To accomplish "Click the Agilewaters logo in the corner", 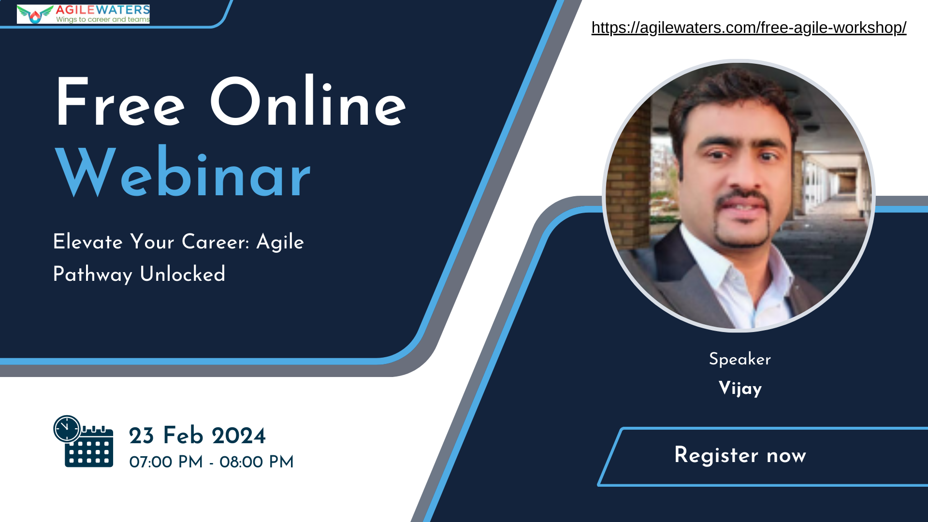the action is pos(83,14).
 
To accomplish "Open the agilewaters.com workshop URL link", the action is pos(749,28).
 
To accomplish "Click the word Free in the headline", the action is pos(120,103).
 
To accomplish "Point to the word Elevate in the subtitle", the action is pos(88,242).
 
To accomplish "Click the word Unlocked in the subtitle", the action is pos(183,274).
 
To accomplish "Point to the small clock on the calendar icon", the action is pos(67,429).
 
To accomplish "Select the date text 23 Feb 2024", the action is pos(197,435).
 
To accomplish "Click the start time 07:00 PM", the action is pos(166,462).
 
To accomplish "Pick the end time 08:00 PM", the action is pos(257,462).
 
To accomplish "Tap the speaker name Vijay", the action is pos(740,389).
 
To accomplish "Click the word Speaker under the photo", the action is pos(740,359).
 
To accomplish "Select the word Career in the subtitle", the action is pos(216,242).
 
